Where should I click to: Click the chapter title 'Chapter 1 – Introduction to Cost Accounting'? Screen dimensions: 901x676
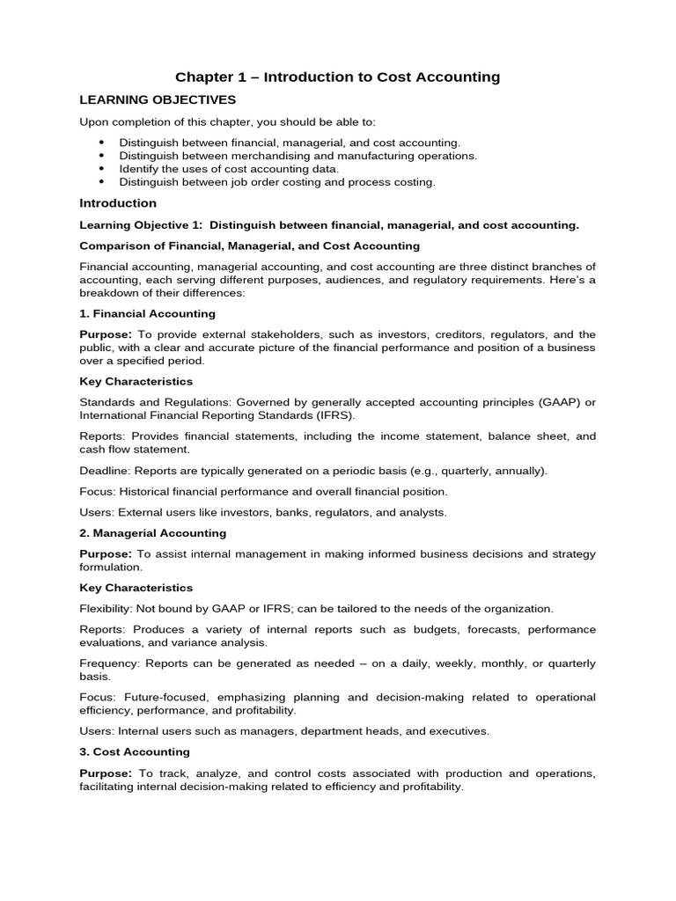coord(337,77)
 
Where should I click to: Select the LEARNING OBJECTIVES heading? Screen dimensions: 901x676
coord(158,100)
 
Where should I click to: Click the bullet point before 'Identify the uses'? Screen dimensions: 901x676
coord(101,168)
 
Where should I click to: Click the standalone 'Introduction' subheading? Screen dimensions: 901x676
coord(118,203)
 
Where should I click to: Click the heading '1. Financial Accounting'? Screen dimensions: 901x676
coord(147,313)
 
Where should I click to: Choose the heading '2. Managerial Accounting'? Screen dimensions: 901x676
coord(152,533)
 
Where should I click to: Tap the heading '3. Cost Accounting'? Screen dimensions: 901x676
coord(135,752)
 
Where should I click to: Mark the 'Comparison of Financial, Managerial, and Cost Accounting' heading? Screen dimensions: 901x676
coord(249,246)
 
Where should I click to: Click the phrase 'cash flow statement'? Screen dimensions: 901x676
coord(132,449)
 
